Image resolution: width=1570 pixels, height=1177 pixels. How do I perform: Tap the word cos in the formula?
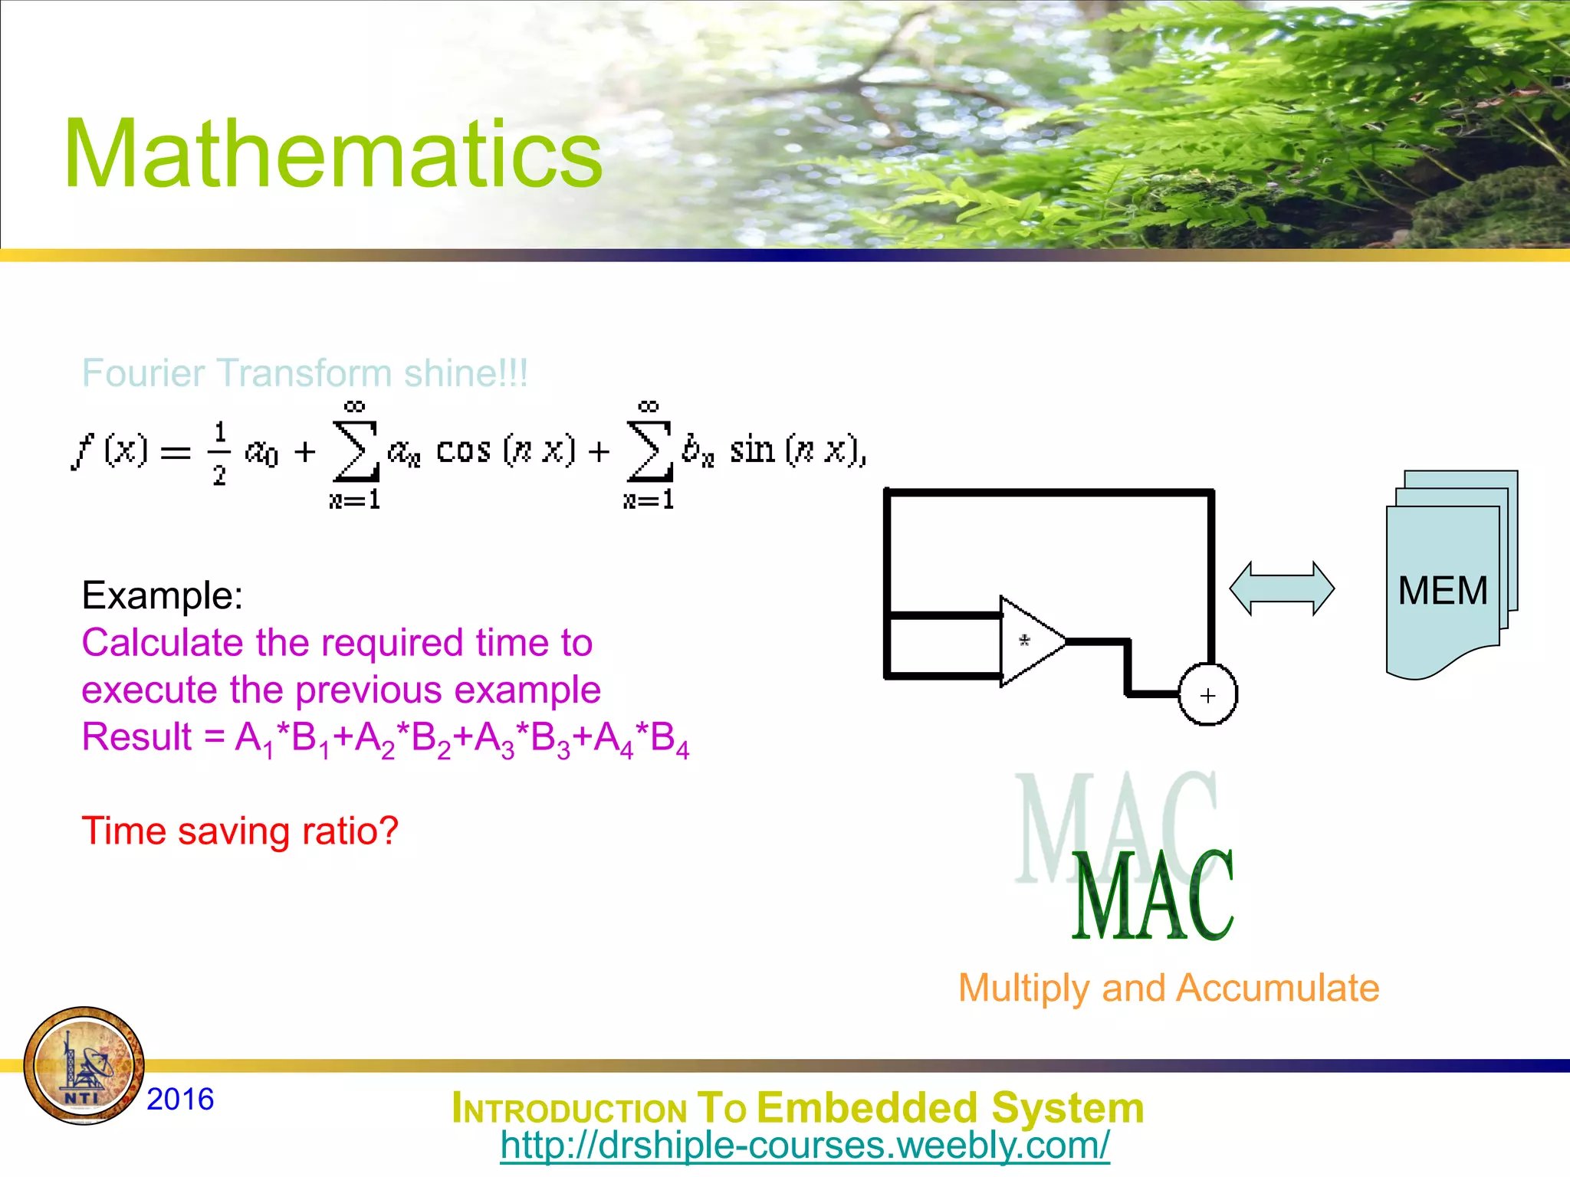pyautogui.click(x=463, y=450)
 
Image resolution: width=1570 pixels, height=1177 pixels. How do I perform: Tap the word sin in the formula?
pyautogui.click(x=752, y=450)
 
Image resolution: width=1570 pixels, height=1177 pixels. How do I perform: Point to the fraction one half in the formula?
pyautogui.click(x=219, y=453)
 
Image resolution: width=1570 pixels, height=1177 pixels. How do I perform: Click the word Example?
pyautogui.click(x=163, y=595)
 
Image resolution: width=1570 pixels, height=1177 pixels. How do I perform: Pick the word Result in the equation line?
pyautogui.click(x=136, y=737)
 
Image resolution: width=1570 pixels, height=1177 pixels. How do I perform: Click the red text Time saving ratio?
pyautogui.click(x=240, y=831)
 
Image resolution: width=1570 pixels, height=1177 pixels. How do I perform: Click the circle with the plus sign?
pyautogui.click(x=1207, y=695)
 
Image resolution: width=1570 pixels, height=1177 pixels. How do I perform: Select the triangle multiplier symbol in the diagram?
pyautogui.click(x=1029, y=641)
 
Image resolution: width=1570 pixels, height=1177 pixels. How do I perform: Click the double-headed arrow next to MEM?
pyautogui.click(x=1282, y=588)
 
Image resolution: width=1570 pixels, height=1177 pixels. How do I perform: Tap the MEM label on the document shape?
pyautogui.click(x=1442, y=591)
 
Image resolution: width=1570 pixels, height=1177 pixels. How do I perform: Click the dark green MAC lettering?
pyautogui.click(x=1152, y=897)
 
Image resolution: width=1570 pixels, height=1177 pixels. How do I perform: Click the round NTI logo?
pyautogui.click(x=84, y=1066)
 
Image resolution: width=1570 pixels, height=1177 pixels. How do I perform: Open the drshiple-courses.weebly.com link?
pyautogui.click(x=804, y=1146)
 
